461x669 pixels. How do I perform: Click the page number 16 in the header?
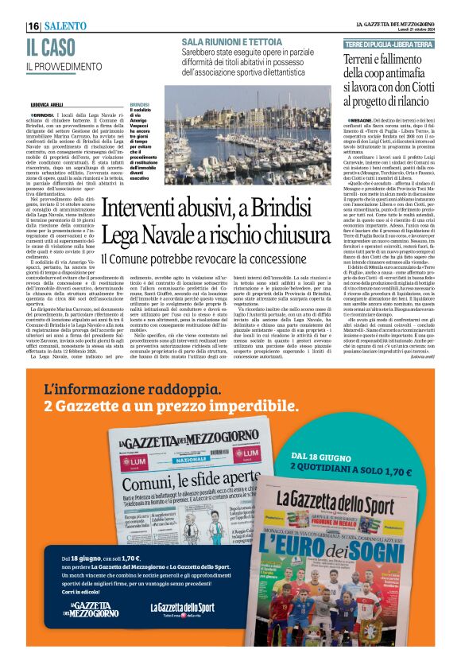click(33, 26)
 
